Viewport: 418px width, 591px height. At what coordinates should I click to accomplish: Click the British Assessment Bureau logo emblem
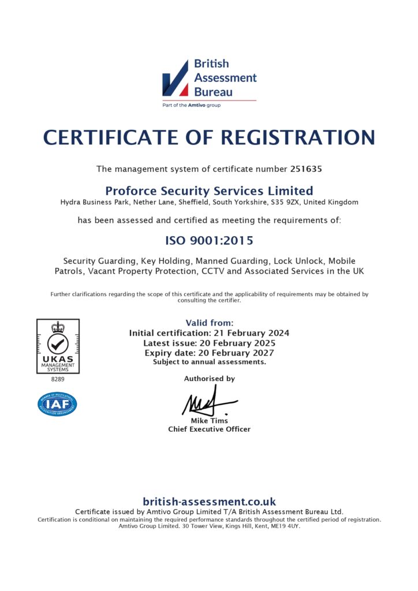[175, 77]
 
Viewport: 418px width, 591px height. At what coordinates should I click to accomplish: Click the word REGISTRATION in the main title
[298, 138]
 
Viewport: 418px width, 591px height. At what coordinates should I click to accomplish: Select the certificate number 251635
[305, 169]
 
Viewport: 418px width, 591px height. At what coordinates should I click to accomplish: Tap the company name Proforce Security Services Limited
[209, 190]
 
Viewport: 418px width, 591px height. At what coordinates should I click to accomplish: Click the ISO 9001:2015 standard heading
[209, 240]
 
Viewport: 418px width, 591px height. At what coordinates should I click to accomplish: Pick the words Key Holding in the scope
[162, 261]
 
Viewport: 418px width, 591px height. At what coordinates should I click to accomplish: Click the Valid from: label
[209, 323]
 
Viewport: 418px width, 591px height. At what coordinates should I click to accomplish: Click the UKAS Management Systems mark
[58, 346]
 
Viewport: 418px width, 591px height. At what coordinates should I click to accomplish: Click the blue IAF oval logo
[57, 404]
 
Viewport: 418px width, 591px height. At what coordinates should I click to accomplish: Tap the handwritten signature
[208, 401]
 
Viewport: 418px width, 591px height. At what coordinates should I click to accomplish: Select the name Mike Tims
[209, 421]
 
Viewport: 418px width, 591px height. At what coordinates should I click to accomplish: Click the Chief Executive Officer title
[209, 429]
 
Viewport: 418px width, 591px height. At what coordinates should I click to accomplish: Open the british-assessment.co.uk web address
[209, 502]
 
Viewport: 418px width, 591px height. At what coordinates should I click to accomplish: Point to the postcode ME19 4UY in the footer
[285, 526]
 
